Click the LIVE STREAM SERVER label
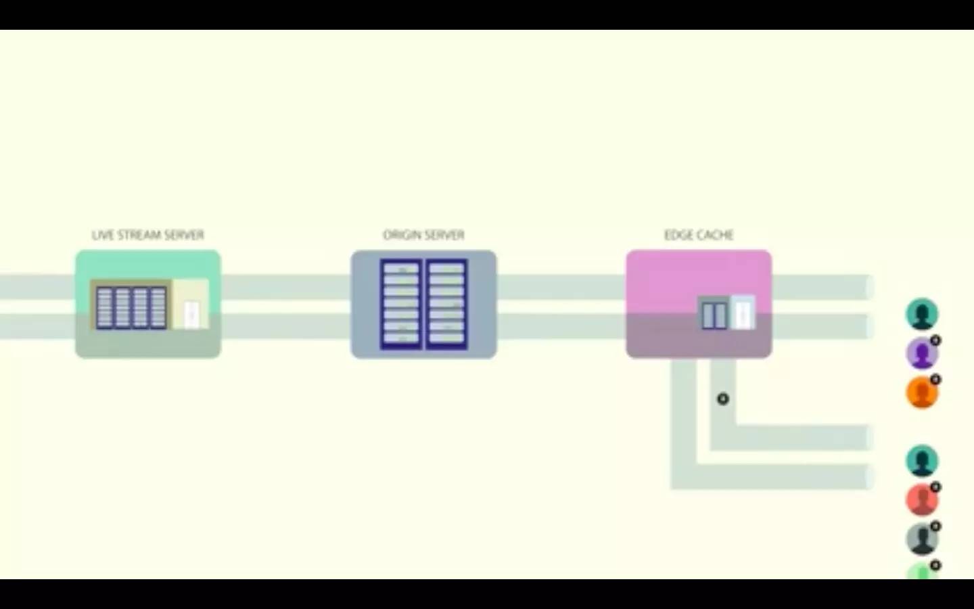tap(147, 235)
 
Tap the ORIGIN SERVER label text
tap(423, 235)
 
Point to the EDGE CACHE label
tap(699, 235)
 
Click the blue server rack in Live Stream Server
tap(131, 308)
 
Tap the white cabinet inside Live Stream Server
tap(191, 313)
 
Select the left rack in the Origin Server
tap(402, 304)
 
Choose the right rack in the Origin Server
tap(446, 304)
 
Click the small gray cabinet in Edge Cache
tap(714, 314)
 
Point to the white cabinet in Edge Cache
tap(743, 312)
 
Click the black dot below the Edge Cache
tap(723, 399)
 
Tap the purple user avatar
tap(921, 354)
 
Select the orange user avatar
tap(921, 393)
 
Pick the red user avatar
tap(921, 500)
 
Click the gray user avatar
tap(921, 539)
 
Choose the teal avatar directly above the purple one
tap(921, 315)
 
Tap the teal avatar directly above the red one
tap(921, 461)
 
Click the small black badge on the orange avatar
tap(935, 380)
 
